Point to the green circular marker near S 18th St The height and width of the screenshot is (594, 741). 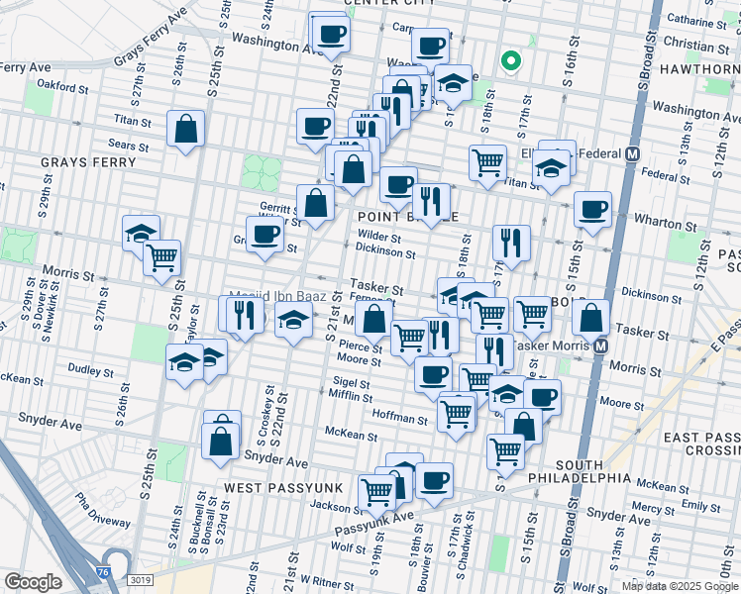(x=511, y=62)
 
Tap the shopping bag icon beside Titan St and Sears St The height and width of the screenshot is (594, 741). (x=185, y=129)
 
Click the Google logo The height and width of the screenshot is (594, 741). (x=33, y=581)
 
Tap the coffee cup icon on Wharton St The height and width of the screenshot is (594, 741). (x=592, y=209)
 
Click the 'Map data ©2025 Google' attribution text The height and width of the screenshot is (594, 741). (x=679, y=585)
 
